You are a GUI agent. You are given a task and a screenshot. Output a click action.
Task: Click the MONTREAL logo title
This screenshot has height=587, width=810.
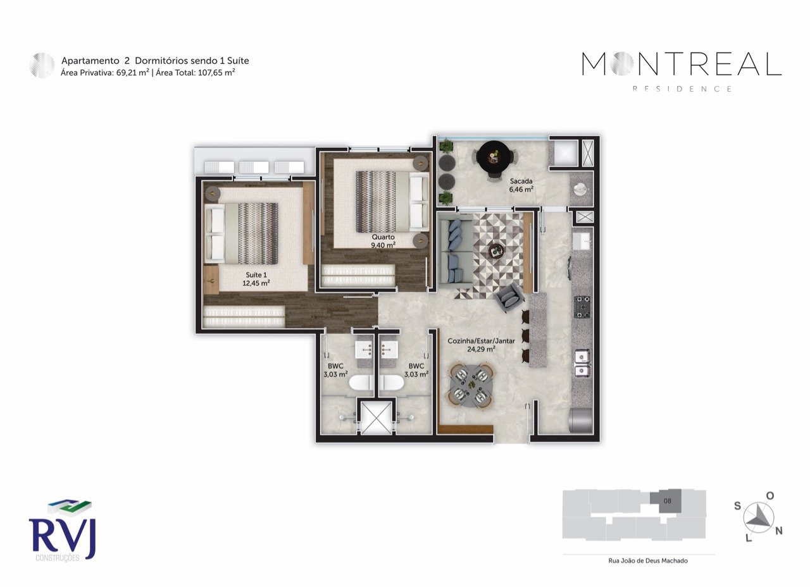(x=682, y=64)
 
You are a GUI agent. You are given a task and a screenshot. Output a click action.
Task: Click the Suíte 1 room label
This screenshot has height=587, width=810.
(x=256, y=279)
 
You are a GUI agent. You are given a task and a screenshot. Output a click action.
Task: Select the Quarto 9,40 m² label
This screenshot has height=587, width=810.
(x=383, y=241)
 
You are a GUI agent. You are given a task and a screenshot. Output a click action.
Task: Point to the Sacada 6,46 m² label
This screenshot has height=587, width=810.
(x=521, y=184)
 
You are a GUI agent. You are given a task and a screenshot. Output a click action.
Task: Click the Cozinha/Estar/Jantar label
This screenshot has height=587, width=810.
(x=481, y=344)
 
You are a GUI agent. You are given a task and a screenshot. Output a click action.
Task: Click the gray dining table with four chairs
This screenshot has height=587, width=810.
(x=470, y=384)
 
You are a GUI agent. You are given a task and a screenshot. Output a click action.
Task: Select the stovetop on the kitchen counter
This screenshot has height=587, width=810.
(x=582, y=307)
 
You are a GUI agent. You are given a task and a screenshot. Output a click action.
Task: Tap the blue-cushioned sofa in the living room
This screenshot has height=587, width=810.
(x=453, y=250)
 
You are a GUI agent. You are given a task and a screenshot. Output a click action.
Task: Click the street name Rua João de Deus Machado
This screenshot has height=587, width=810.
(x=639, y=560)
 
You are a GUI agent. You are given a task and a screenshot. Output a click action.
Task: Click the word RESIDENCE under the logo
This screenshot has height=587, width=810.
(x=682, y=89)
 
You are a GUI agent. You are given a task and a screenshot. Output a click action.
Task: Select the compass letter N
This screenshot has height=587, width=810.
(x=779, y=531)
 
